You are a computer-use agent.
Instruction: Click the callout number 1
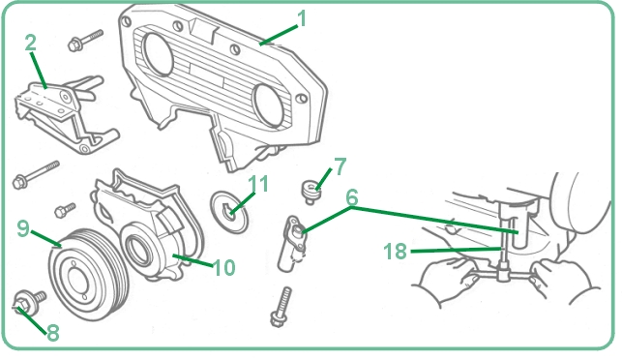(x=302, y=18)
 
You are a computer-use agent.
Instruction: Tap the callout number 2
(x=31, y=43)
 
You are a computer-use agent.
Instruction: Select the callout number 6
(x=352, y=197)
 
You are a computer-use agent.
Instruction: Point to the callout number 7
(x=341, y=166)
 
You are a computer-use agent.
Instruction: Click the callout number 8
(x=53, y=333)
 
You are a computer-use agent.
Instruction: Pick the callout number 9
(x=23, y=228)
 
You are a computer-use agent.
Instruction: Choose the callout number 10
(x=224, y=267)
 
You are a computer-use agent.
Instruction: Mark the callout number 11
(x=258, y=184)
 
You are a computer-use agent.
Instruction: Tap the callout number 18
(x=395, y=252)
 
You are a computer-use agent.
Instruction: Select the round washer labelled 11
(x=229, y=212)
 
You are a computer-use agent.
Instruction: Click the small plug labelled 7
(x=311, y=192)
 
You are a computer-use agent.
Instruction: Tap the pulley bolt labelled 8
(x=29, y=303)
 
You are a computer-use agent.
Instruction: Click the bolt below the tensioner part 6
(x=281, y=307)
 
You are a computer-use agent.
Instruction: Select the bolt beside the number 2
(x=85, y=40)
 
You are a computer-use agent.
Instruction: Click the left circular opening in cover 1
(x=159, y=54)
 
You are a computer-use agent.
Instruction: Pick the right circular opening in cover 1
(x=269, y=105)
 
